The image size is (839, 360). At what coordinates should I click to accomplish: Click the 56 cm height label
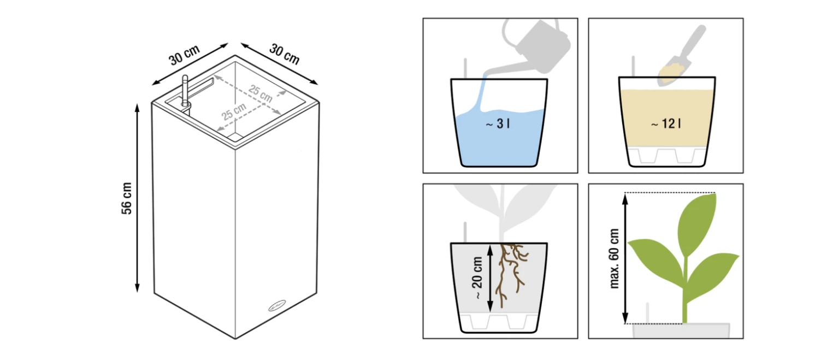[127, 198]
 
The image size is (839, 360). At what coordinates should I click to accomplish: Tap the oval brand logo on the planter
[277, 306]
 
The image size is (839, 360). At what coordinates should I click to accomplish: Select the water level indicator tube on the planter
[185, 91]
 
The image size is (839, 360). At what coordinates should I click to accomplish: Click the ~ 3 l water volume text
[498, 123]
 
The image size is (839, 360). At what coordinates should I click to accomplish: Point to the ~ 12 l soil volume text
[666, 123]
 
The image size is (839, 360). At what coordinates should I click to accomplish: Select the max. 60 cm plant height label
[615, 258]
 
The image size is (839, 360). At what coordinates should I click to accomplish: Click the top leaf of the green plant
[696, 224]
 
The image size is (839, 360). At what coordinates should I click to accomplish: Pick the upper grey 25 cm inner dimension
[261, 93]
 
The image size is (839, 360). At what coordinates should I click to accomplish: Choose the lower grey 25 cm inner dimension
[234, 111]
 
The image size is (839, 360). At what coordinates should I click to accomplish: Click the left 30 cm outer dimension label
[184, 55]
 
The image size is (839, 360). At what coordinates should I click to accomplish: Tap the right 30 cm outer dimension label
[285, 54]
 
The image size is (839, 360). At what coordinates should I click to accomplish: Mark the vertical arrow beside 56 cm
[138, 198]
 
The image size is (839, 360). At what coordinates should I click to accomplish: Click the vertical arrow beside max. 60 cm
[625, 258]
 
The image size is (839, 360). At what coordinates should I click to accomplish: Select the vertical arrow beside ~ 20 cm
[490, 278]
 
